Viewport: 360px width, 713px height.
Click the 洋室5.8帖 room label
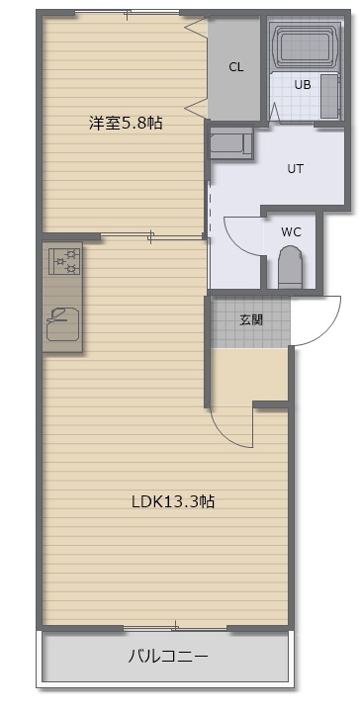[x=125, y=123]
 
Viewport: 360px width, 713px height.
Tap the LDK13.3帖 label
[x=173, y=501]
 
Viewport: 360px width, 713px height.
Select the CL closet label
[x=236, y=68]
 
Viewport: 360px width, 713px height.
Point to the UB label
[x=303, y=85]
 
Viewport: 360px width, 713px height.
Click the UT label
[x=295, y=169]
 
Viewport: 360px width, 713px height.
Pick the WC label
[x=291, y=232]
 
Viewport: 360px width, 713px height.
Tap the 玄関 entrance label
[x=251, y=320]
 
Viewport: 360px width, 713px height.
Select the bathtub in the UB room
[x=305, y=44]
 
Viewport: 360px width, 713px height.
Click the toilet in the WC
[x=290, y=267]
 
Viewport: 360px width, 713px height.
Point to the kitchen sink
[x=62, y=323]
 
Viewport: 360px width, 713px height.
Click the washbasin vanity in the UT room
[x=230, y=142]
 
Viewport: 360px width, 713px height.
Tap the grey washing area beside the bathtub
[x=330, y=96]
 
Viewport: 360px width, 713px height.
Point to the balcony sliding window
[x=175, y=628]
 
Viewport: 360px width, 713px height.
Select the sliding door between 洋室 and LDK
[x=151, y=236]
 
